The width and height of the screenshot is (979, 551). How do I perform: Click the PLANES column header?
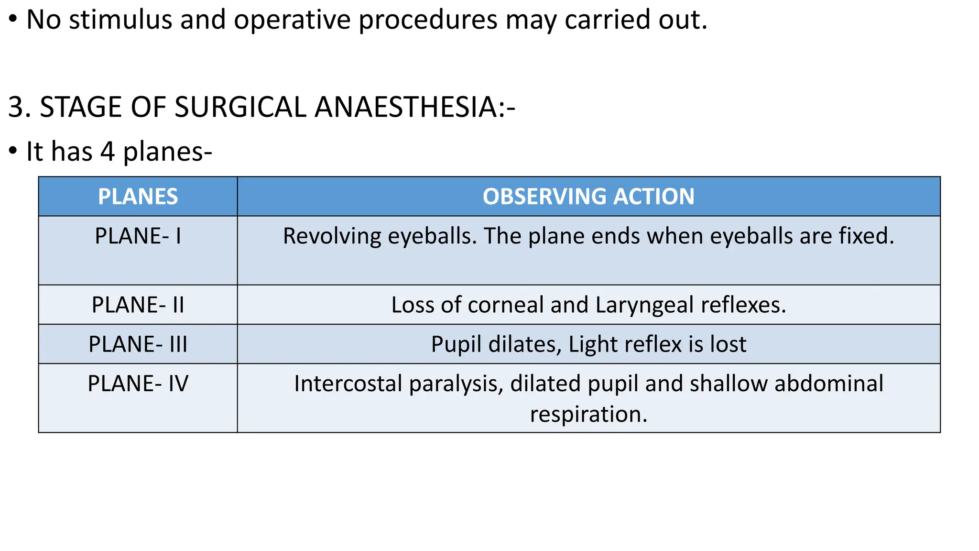pos(138,197)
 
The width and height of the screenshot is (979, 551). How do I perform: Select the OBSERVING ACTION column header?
pos(588,197)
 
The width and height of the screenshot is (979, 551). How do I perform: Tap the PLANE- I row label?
pos(138,236)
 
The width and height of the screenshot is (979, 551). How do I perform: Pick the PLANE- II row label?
pos(138,305)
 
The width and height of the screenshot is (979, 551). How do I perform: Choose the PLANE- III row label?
pos(138,344)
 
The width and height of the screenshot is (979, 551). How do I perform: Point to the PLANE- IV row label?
pos(138,384)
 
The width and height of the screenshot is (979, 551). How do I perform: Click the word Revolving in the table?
pos(332,236)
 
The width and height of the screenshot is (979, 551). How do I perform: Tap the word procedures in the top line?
pos(428,20)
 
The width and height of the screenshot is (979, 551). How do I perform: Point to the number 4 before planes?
pos(108,152)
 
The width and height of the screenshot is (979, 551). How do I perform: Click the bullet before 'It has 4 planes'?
pos(13,152)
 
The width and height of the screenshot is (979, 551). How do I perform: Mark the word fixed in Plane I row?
pos(866,236)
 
